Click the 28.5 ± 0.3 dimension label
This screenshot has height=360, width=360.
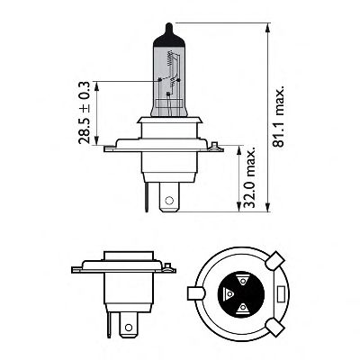[x=85, y=112]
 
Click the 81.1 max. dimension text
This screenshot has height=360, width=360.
[x=278, y=117]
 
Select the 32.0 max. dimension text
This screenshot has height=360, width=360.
[x=249, y=177]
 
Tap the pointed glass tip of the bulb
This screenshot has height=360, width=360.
[x=169, y=29]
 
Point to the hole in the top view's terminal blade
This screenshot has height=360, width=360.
[x=169, y=200]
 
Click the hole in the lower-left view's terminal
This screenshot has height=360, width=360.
[x=129, y=328]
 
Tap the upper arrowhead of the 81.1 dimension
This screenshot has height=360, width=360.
[x=268, y=29]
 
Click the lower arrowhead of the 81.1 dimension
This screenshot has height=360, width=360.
[x=268, y=206]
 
